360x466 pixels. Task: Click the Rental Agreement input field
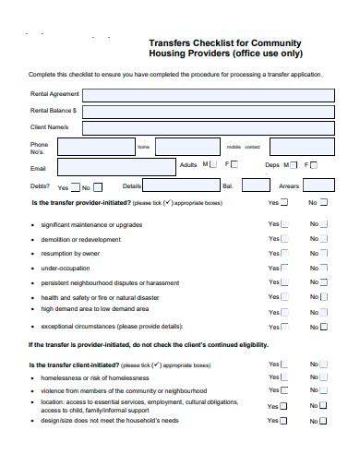203,94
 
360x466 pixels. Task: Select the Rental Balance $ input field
203,110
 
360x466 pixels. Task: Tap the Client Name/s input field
203,125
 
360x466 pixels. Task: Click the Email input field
114,167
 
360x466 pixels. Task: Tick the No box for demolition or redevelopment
324,239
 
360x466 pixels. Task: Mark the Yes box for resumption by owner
284,254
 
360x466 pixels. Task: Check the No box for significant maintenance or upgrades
324,224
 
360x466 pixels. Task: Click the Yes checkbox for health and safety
284,298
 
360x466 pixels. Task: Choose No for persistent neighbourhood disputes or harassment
324,283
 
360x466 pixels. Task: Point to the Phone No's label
39,148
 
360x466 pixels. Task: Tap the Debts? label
42,185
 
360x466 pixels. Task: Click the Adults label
187,164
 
